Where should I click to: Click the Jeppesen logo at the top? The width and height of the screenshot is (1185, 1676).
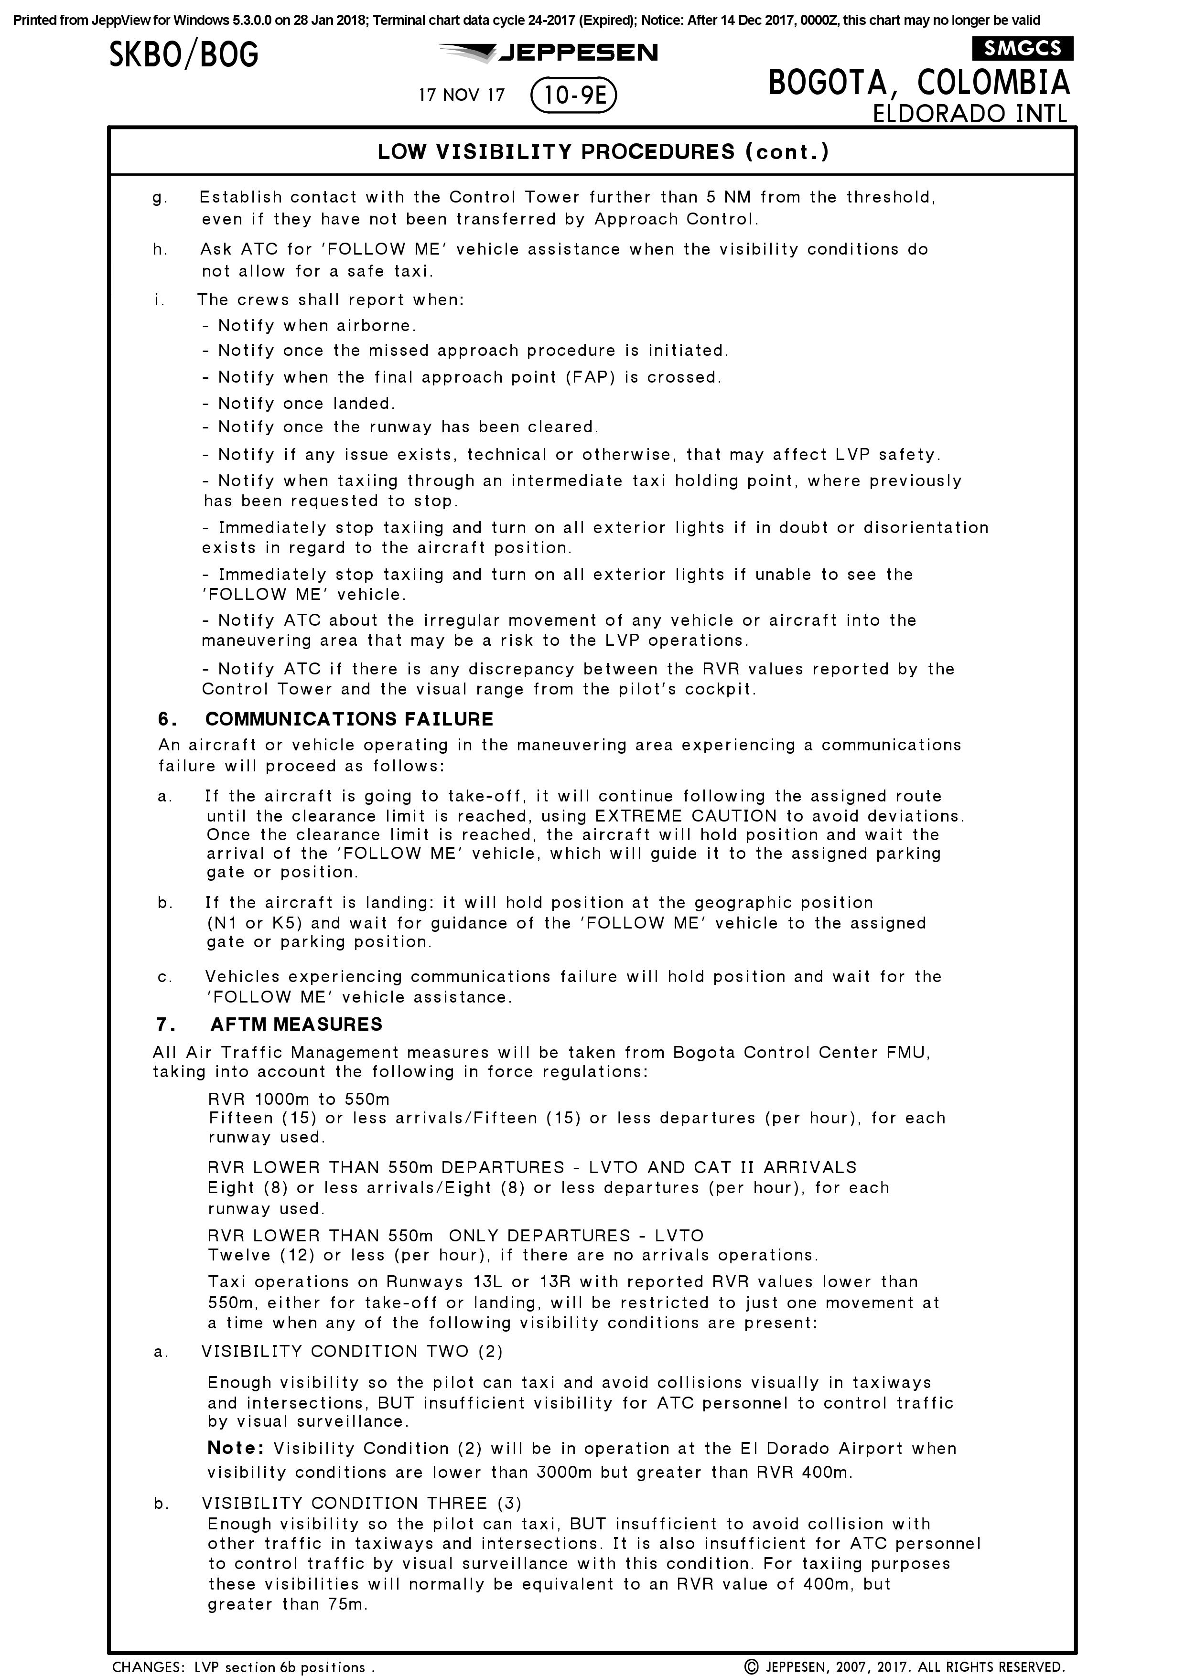click(549, 53)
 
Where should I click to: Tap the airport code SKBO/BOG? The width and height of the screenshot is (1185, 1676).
click(184, 55)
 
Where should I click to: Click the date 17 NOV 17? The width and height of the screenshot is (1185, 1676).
click(462, 96)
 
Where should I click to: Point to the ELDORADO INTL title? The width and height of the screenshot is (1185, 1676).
click(970, 114)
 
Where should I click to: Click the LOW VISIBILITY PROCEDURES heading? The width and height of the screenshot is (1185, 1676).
click(603, 152)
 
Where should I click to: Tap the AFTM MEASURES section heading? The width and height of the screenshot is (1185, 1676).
click(296, 1024)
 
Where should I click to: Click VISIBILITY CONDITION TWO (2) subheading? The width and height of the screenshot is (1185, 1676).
click(352, 1351)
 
